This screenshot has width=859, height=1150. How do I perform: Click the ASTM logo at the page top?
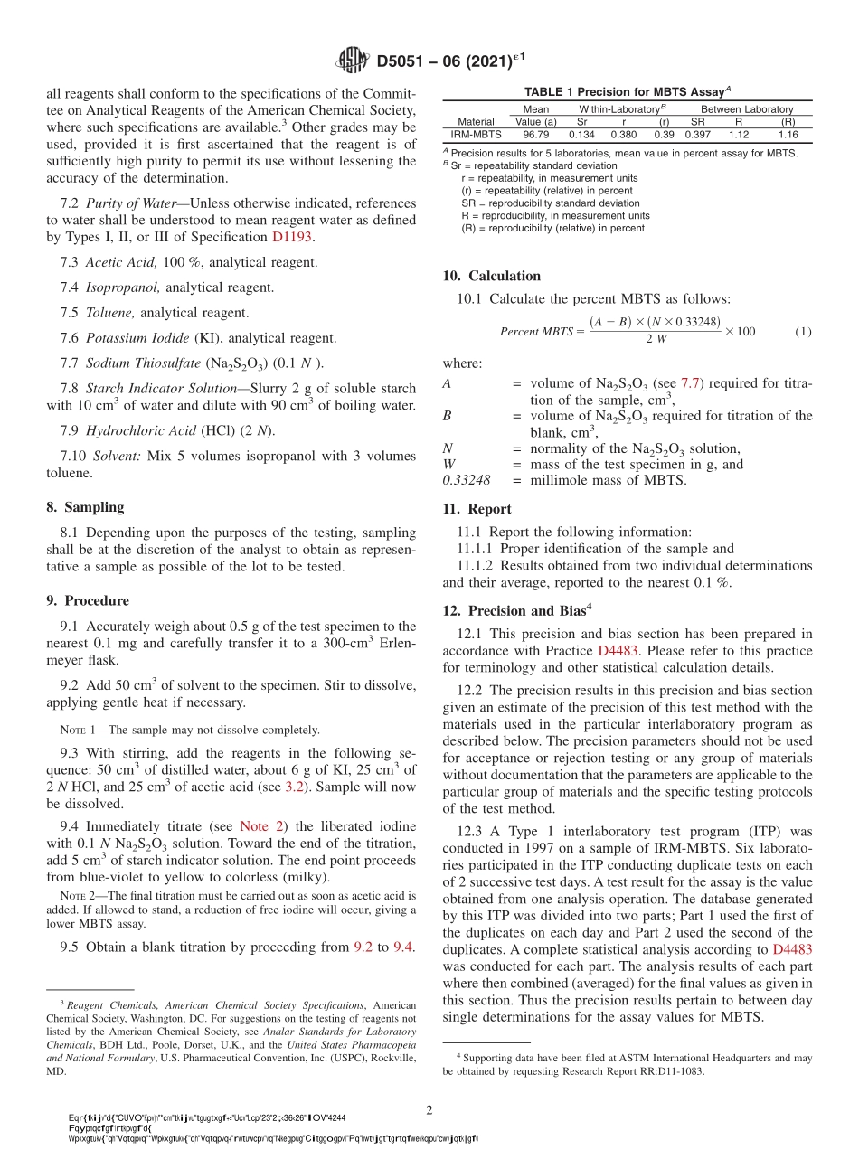[x=352, y=61]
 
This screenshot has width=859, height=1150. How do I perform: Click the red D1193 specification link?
[x=293, y=238]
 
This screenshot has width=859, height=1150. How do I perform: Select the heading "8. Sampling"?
[x=85, y=507]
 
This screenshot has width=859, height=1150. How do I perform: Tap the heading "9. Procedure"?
[x=87, y=600]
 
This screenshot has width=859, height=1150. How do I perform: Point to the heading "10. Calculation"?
[x=491, y=276]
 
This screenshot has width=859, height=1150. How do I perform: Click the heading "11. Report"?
[x=477, y=509]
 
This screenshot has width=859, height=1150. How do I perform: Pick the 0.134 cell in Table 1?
[x=581, y=134]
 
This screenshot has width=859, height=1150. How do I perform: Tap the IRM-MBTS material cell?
[x=476, y=134]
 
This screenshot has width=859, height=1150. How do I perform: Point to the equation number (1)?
[x=803, y=332]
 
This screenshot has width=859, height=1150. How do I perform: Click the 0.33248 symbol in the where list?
[x=467, y=480]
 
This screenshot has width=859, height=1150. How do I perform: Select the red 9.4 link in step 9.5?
[x=402, y=947]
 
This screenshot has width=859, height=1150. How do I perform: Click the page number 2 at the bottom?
[x=429, y=1109]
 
